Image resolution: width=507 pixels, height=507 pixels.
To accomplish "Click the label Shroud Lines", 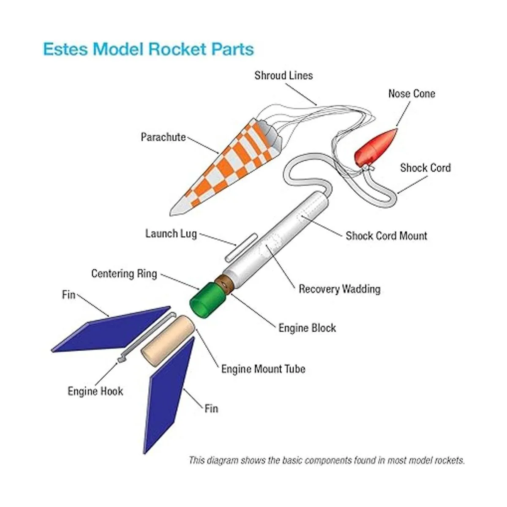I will click(x=283, y=76).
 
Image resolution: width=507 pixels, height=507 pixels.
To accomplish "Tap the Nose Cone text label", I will click(x=412, y=94).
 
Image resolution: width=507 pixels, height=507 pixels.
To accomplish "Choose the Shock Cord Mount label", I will click(x=386, y=236).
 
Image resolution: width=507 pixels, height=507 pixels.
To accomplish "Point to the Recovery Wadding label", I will click(x=339, y=289).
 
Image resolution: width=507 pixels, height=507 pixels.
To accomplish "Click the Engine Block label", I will click(x=307, y=328).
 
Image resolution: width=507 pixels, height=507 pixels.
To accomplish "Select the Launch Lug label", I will click(x=171, y=234).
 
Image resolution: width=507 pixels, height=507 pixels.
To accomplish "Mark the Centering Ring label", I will click(x=124, y=274).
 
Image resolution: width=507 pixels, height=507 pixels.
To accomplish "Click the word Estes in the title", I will click(x=65, y=49).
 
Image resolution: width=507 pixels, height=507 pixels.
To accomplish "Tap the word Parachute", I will click(x=164, y=137).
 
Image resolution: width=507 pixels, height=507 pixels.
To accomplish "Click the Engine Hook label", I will click(x=95, y=391).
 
